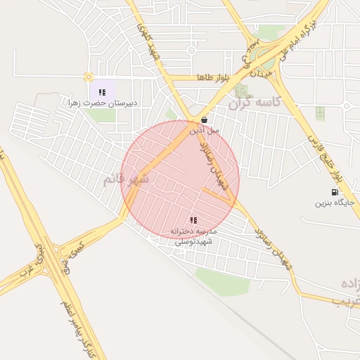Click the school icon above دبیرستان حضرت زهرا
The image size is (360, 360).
pos(102,91)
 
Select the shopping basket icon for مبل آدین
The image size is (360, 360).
pos(204,120)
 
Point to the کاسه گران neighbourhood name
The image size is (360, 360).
pos(254,103)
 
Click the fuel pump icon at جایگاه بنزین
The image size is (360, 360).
pos(334,192)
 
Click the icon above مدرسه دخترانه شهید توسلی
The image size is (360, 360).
pos(193,220)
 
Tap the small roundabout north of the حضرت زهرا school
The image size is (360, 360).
pos(88,77)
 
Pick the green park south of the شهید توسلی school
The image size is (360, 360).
pos(221,280)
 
